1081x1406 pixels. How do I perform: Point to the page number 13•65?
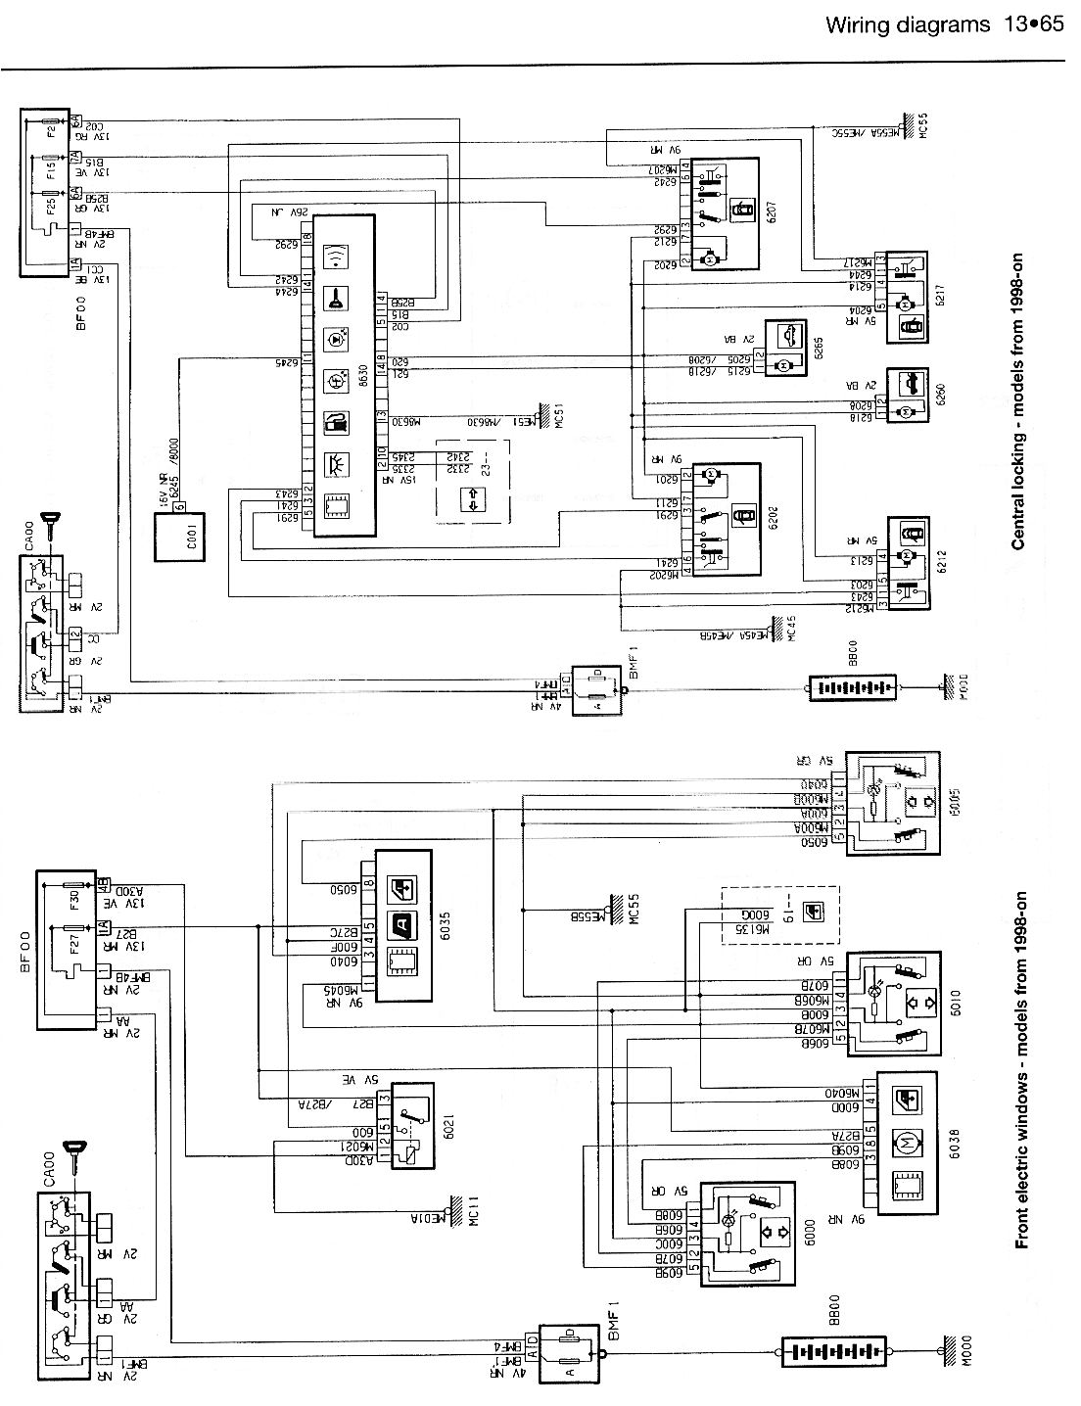click(1032, 24)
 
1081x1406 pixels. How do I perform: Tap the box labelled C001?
click(178, 536)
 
